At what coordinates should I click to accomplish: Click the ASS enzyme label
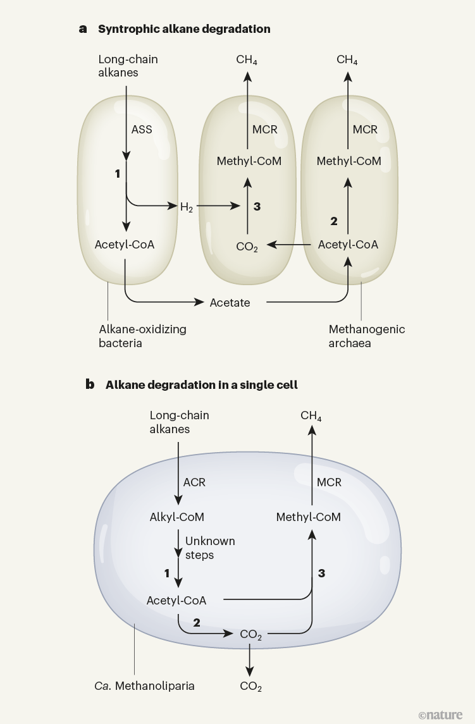click(142, 130)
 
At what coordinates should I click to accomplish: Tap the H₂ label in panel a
click(186, 207)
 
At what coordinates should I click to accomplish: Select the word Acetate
click(230, 303)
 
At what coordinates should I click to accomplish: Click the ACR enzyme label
click(194, 482)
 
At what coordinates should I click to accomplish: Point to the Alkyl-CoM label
click(176, 517)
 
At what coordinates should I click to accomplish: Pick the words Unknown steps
click(210, 548)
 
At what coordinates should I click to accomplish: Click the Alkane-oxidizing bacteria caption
click(143, 336)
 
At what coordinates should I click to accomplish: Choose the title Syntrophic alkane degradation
click(184, 29)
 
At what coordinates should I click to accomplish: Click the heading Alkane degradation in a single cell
click(202, 384)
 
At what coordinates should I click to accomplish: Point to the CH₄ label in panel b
click(311, 416)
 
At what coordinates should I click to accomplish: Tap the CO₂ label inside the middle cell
click(247, 247)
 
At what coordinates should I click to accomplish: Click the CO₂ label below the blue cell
click(250, 687)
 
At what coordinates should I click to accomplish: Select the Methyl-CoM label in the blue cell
click(309, 517)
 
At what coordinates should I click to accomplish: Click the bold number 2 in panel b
click(197, 623)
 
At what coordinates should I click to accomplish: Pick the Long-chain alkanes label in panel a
click(128, 66)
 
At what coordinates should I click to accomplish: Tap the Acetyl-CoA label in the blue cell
click(176, 600)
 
